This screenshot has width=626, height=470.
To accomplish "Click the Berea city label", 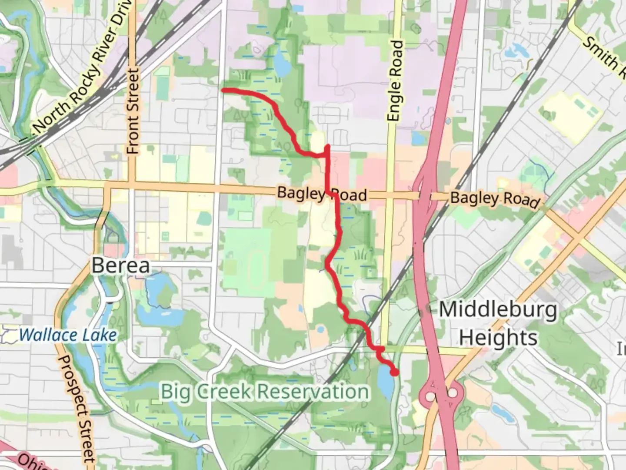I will click(x=121, y=265).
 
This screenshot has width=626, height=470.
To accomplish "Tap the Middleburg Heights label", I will click(x=498, y=324).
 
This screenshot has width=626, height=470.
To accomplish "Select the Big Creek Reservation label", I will click(x=265, y=391).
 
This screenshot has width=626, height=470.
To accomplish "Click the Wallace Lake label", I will click(x=68, y=335).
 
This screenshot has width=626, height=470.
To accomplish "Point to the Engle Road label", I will click(x=395, y=81).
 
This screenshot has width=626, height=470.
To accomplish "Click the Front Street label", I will click(x=133, y=111).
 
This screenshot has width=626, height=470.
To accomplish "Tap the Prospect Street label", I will click(x=77, y=409).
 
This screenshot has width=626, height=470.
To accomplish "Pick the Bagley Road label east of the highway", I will click(x=495, y=199).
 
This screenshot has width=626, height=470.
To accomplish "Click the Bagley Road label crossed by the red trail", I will click(x=322, y=194).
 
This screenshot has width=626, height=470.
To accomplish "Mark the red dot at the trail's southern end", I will click(x=394, y=372).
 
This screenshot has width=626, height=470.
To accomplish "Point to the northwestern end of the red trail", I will click(x=224, y=90).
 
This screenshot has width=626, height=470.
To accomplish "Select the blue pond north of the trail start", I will click(x=282, y=65).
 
